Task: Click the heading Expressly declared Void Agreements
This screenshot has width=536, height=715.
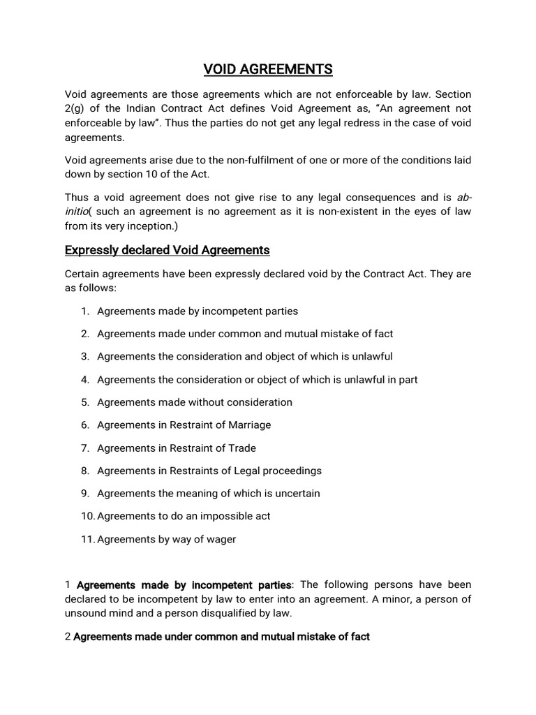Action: click(x=167, y=250)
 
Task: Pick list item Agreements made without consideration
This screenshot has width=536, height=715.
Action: click(x=195, y=402)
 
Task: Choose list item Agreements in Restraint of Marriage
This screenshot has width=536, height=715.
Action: click(x=184, y=425)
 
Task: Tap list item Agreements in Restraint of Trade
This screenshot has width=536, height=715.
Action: click(x=177, y=448)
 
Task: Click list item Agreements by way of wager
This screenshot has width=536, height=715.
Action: click(x=166, y=539)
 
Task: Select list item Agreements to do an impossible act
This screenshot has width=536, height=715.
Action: click(x=184, y=516)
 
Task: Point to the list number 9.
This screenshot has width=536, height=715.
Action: click(x=84, y=493)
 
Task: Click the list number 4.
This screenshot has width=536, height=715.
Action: click(x=84, y=379)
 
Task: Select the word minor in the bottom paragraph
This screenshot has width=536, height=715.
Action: click(x=369, y=599)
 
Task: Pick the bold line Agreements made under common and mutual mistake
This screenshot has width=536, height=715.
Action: click(x=221, y=637)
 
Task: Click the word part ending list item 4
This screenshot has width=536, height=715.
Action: click(x=408, y=379)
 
